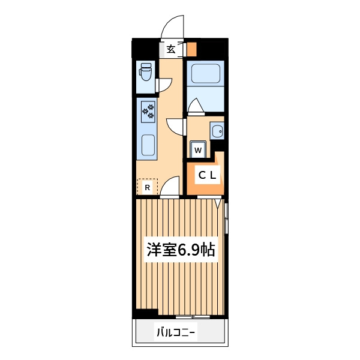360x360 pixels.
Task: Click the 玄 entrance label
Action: [x=171, y=49]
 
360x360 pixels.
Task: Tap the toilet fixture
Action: [x=145, y=72]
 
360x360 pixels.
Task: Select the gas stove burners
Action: [x=148, y=112]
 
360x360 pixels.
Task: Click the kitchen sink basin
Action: [x=148, y=145]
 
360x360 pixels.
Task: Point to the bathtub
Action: [x=205, y=73]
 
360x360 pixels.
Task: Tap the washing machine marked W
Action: [x=198, y=149]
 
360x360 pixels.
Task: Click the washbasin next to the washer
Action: [x=217, y=130]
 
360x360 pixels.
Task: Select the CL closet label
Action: [x=208, y=175]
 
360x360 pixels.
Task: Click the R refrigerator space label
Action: [x=148, y=188]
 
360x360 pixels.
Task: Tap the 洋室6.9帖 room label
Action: [x=181, y=250]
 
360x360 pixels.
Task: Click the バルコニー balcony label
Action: [x=176, y=332]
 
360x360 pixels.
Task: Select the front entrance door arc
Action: [x=173, y=26]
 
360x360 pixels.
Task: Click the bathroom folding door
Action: [x=196, y=107]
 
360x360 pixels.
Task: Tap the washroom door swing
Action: [x=176, y=127]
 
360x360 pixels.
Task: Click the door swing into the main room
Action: [x=170, y=187]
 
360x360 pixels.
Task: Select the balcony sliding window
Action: [x=193, y=317]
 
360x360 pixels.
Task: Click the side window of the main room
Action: [x=226, y=218]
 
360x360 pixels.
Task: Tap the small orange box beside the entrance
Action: [x=191, y=49]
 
